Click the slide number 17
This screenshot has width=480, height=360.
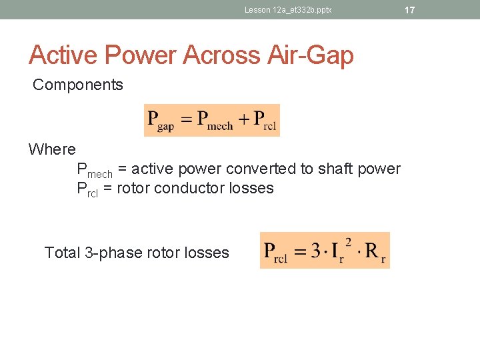(x=409, y=10)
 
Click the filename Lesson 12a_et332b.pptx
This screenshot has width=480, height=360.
(x=288, y=10)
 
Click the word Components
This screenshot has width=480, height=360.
(x=78, y=85)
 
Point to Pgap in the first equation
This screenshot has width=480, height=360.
(x=161, y=121)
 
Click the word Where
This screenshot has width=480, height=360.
(x=52, y=149)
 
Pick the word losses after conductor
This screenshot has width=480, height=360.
(x=251, y=188)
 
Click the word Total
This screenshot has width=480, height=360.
(x=63, y=253)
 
